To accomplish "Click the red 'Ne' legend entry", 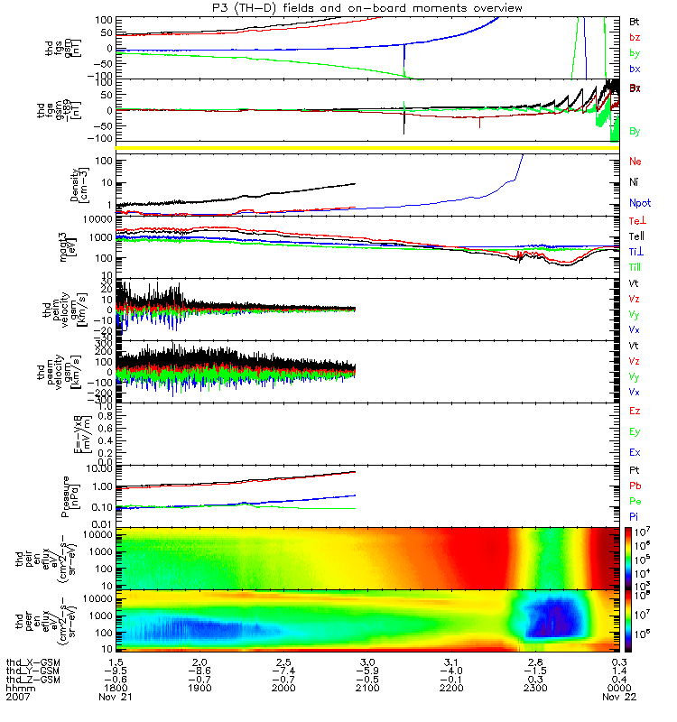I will click(635, 161).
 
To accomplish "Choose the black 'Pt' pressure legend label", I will click(635, 471).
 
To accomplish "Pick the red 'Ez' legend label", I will click(635, 412).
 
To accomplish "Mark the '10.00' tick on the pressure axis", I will click(105, 468).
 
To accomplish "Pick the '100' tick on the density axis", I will click(107, 161).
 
